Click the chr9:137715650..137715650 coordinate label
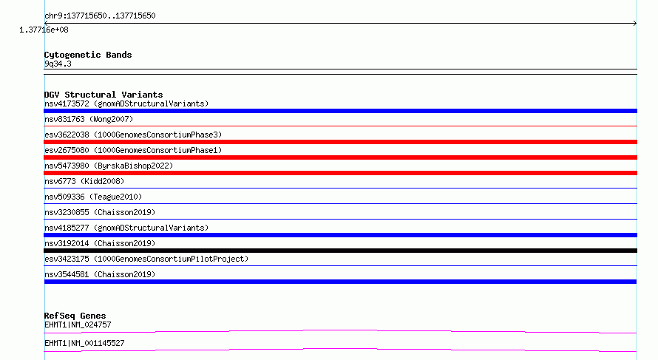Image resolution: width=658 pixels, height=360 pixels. pos(100,16)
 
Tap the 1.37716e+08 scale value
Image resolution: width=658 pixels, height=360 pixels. pos(44,30)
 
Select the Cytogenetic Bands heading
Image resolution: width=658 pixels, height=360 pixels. pos(88,55)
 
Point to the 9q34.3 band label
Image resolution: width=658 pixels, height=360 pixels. pos(58,64)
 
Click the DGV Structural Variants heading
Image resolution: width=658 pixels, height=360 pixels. pos(104,95)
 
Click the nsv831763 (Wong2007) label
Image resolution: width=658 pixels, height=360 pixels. pos(89,119)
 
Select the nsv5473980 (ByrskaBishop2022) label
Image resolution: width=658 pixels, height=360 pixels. pos(109,166)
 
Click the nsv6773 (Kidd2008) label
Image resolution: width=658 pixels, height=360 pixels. pos(84,181)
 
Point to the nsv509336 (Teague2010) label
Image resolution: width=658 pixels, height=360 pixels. pos(93,197)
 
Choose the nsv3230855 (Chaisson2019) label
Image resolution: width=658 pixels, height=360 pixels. pos(100,212)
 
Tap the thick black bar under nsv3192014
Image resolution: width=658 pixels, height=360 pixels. pos(340,251)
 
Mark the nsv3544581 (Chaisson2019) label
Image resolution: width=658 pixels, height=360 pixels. pos(100,274)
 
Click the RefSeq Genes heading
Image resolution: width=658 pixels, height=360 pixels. pos(75,316)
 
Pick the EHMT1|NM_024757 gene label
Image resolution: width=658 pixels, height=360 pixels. pos(78,325)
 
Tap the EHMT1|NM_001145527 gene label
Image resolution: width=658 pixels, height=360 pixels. pos(84,343)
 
